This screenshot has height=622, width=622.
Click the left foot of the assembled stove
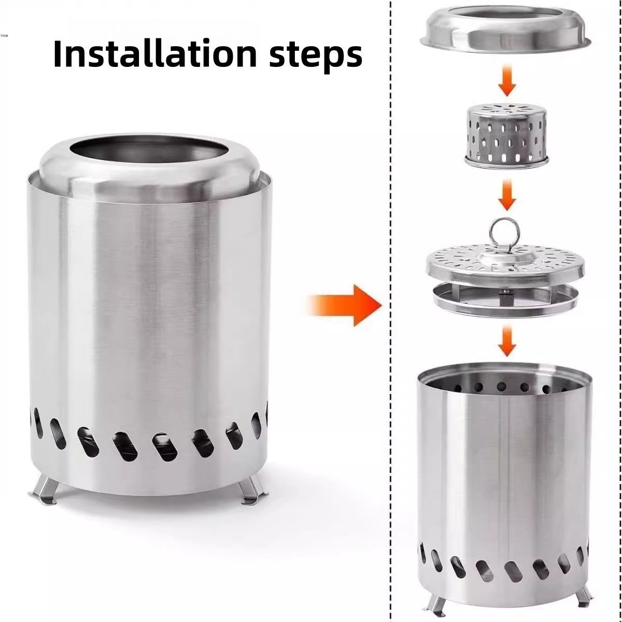pos(44,490)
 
